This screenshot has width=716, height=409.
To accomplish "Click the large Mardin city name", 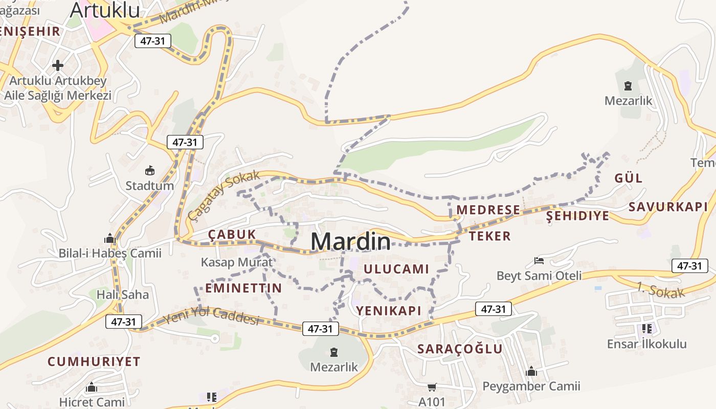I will [x=350, y=241].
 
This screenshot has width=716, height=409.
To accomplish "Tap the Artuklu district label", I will [x=105, y=10].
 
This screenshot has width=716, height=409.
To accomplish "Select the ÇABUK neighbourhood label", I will [x=232, y=234].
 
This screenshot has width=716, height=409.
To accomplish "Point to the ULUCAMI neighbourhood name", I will [x=396, y=269].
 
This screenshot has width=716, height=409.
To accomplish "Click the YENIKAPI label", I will [x=389, y=310].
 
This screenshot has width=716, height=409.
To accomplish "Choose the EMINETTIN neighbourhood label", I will [x=243, y=288].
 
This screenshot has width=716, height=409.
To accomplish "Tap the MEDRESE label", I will [x=488, y=210].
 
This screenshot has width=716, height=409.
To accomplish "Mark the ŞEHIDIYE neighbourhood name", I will [x=578, y=216].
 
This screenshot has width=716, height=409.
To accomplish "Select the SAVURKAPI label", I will [x=668, y=207].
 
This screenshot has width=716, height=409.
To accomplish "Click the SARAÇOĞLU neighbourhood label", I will [x=460, y=349].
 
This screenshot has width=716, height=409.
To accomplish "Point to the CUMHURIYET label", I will [x=94, y=361].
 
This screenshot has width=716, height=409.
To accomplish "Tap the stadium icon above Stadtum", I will [x=150, y=170].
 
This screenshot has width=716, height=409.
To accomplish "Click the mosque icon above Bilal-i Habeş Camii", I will [x=110, y=238].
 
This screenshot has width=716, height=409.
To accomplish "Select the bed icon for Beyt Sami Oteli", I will [x=539, y=261].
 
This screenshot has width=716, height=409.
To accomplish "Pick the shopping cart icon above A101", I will [x=432, y=388].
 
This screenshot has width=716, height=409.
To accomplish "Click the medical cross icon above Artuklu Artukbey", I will [x=58, y=65].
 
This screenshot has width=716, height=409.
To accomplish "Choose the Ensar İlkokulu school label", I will [x=646, y=344].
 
